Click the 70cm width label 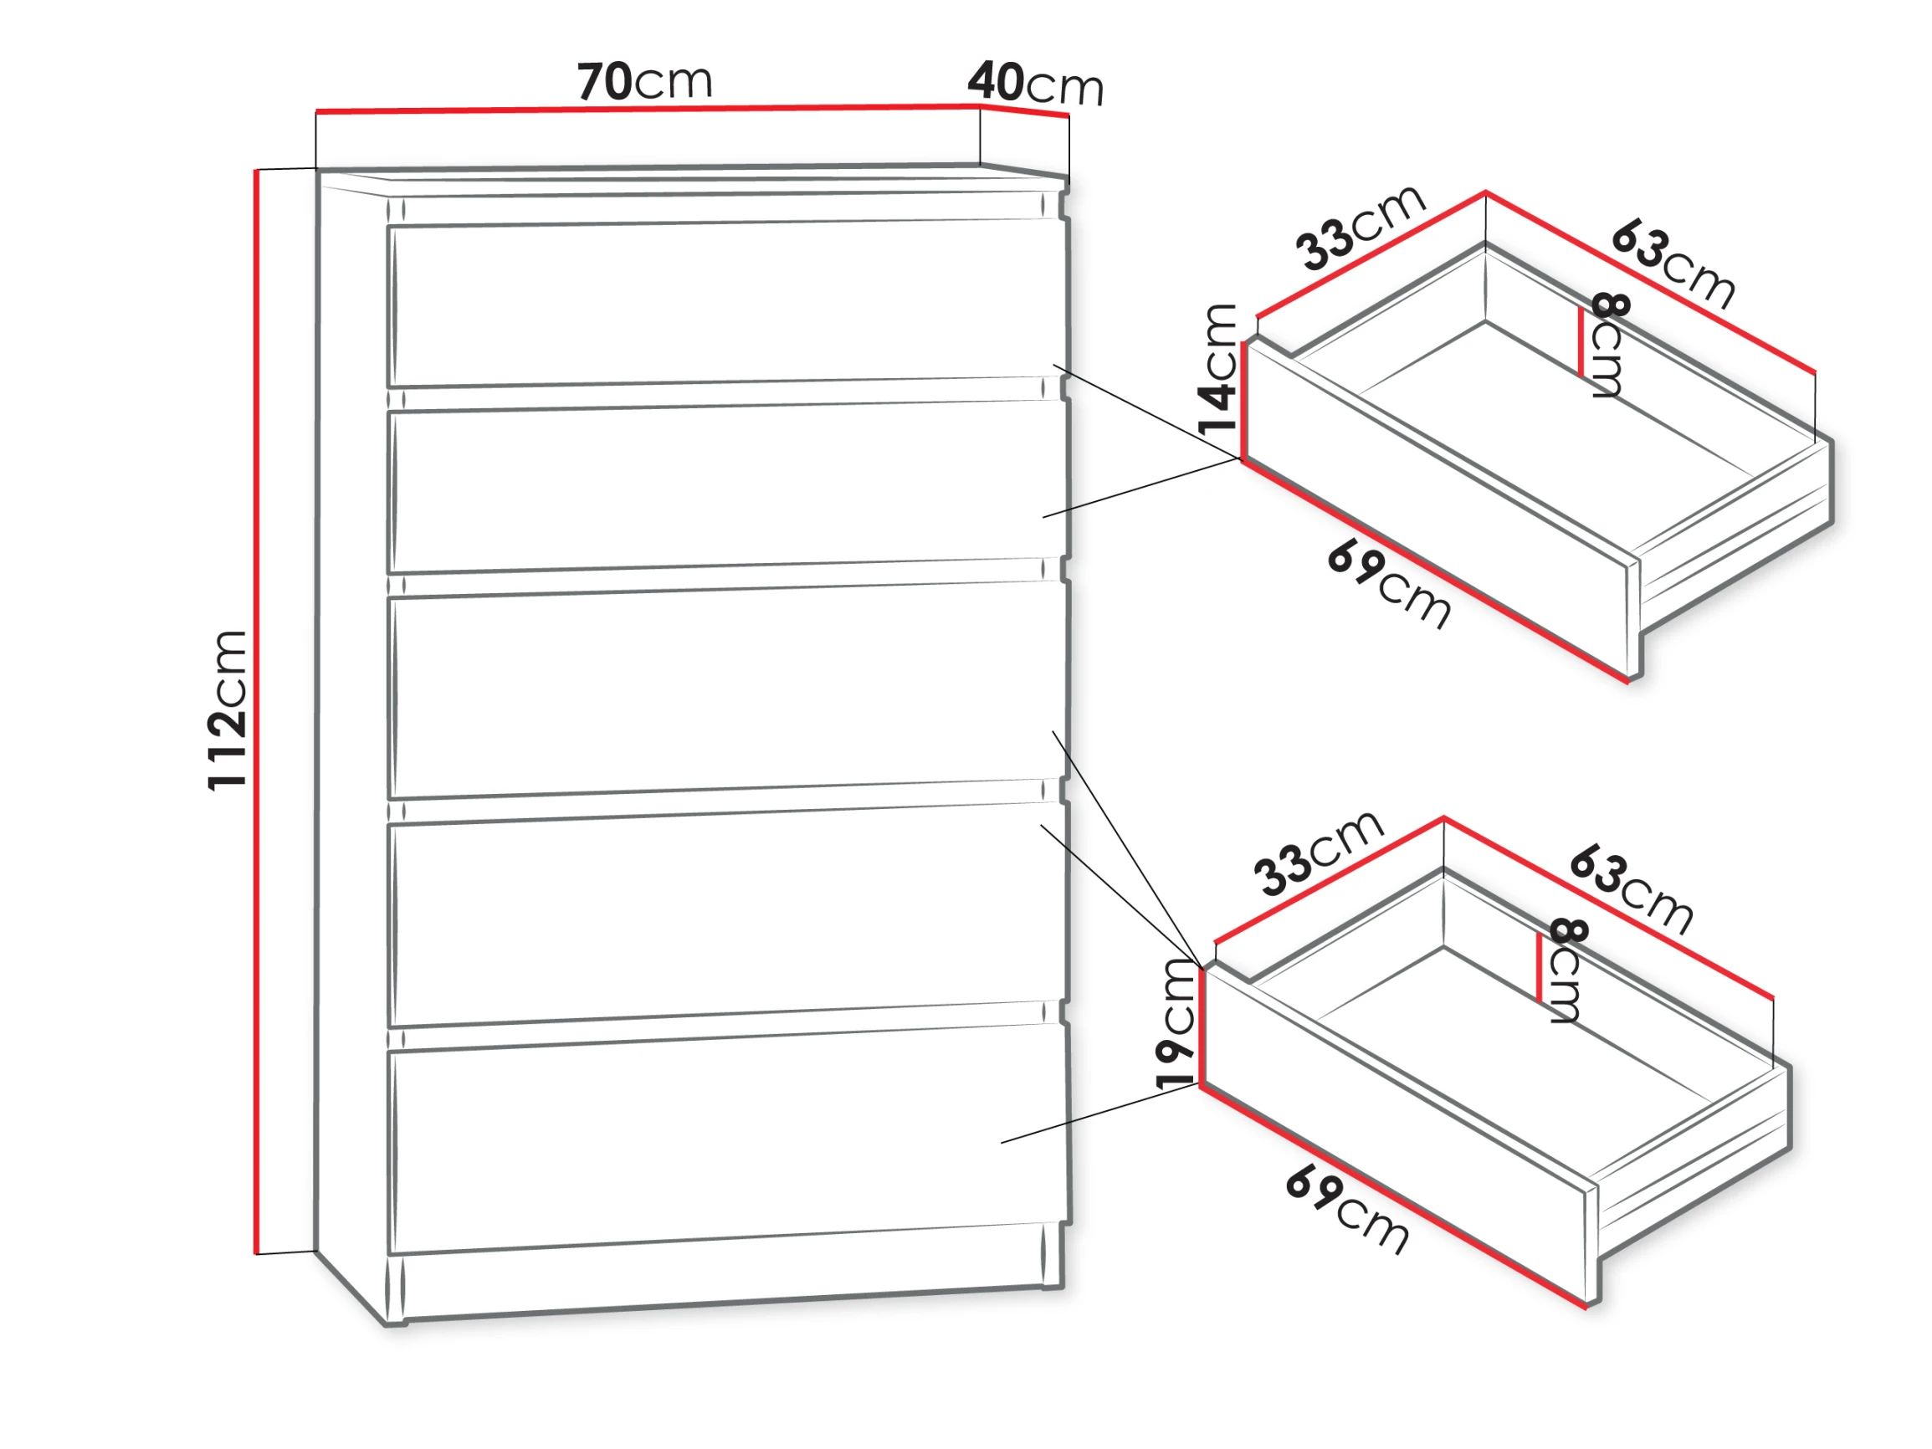pyautogui.click(x=644, y=81)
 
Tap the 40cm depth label pyautogui.click(x=1035, y=84)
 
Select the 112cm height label pyautogui.click(x=227, y=710)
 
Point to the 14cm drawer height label pyautogui.click(x=1217, y=370)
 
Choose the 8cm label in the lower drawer pyautogui.click(x=1567, y=970)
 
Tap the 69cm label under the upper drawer pyautogui.click(x=1390, y=585)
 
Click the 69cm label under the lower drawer pyautogui.click(x=1348, y=1211)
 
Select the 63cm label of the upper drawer pyautogui.click(x=1673, y=264)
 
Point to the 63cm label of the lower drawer pyautogui.click(x=1632, y=889)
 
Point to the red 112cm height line pyautogui.click(x=258, y=712)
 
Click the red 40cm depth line pyautogui.click(x=1024, y=111)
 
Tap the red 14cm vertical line pyautogui.click(x=1243, y=399)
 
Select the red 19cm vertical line pyautogui.click(x=1202, y=1027)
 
